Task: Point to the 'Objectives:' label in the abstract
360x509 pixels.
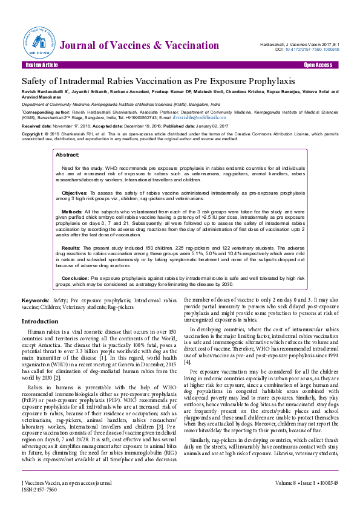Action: pyautogui.click(x=75, y=192)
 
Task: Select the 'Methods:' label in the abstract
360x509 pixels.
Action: pyautogui.click(x=73, y=212)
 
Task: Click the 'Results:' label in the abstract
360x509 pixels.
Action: pyautogui.click(x=71, y=248)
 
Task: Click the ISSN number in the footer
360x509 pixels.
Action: pyautogui.click(x=38, y=490)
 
